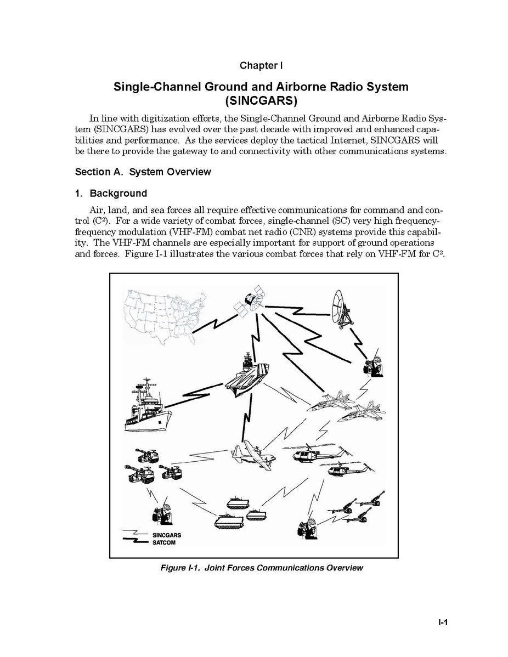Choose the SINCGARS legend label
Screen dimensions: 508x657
pyautogui.click(x=167, y=535)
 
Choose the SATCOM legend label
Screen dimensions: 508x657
pyautogui.click(x=164, y=542)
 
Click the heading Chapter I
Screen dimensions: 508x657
pyautogui.click(x=261, y=65)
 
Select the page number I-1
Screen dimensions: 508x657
pyautogui.click(x=443, y=622)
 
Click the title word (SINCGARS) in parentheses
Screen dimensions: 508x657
pyautogui.click(x=261, y=101)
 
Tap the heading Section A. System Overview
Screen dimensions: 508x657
pyautogui.click(x=143, y=172)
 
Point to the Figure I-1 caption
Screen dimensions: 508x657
pyautogui.click(x=262, y=568)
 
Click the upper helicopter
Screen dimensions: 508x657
pyautogui.click(x=319, y=453)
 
